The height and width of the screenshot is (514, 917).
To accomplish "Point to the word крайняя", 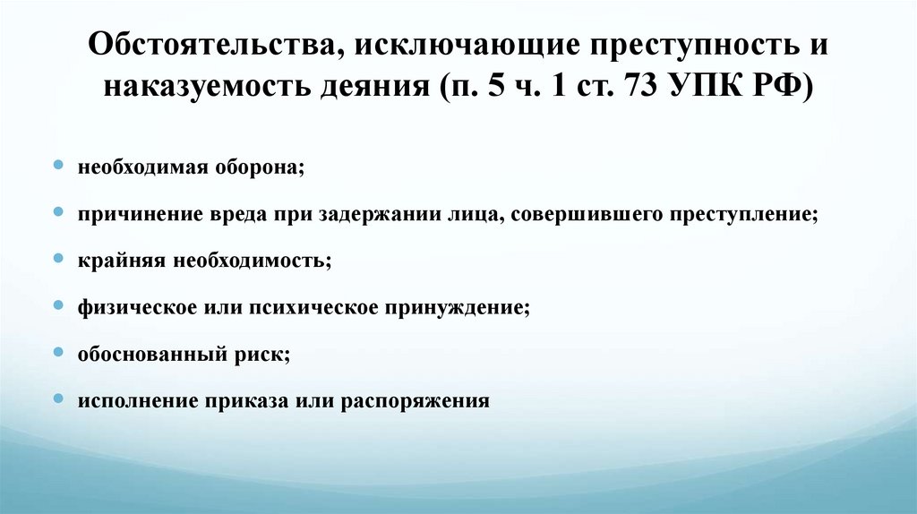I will (x=111, y=261).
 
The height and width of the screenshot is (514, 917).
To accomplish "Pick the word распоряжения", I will (x=416, y=400).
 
